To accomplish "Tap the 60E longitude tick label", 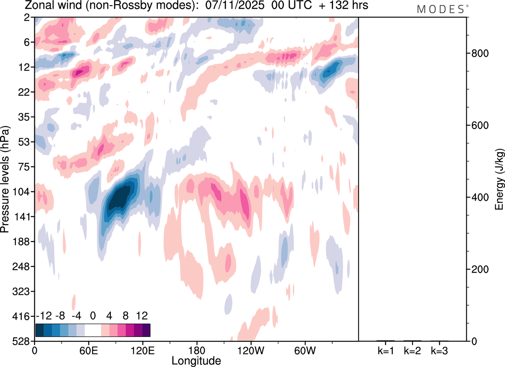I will [x=88, y=350].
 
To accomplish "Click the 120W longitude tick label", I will [x=251, y=350].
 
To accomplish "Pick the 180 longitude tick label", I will [x=196, y=350].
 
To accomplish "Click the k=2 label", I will [x=413, y=350].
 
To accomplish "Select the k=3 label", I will [x=440, y=350].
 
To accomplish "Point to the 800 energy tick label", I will [x=477, y=53].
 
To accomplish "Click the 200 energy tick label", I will [x=477, y=269].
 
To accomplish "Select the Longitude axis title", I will [x=196, y=360].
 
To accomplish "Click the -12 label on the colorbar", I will [x=44, y=316].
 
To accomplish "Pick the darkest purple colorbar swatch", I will [x=146, y=330].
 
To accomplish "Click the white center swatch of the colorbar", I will [x=93, y=330].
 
